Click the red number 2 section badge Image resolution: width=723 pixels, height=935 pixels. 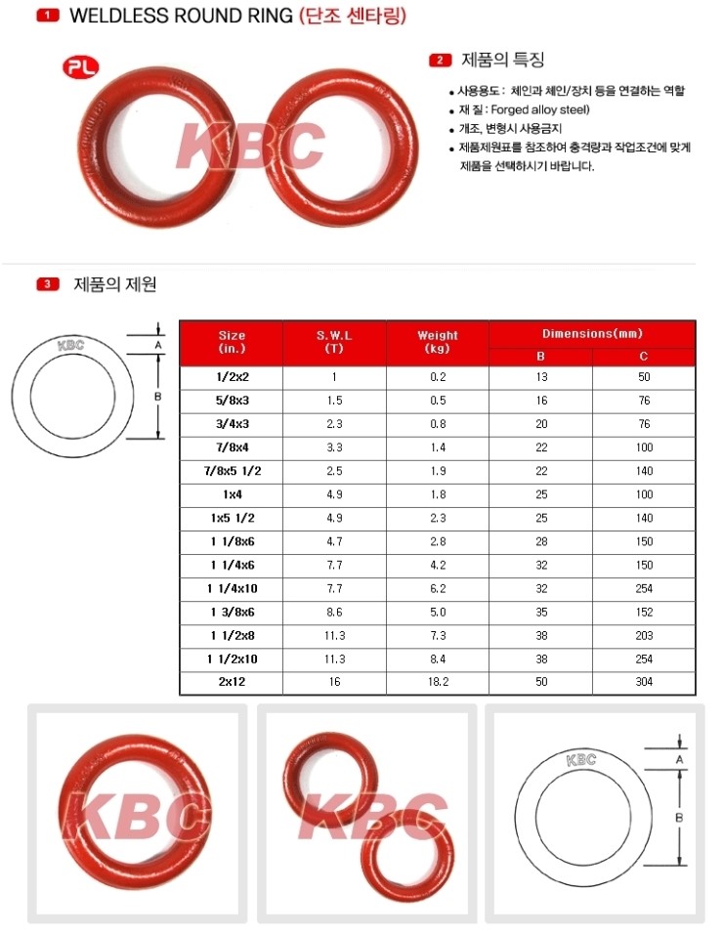(441, 61)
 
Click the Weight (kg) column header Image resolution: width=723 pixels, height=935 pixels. (437, 342)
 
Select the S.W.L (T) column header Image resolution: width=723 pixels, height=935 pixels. (334, 342)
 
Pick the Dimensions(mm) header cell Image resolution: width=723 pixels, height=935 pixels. (592, 333)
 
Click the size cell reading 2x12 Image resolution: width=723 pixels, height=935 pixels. (232, 682)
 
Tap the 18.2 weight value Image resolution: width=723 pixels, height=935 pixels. (437, 682)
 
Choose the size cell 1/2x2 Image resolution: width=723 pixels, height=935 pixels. (232, 376)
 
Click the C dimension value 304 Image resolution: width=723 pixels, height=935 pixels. (643, 682)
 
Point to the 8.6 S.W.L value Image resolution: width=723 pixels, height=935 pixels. (334, 612)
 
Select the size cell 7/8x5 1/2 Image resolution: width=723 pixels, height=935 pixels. (232, 471)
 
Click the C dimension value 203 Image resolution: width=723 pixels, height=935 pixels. (643, 635)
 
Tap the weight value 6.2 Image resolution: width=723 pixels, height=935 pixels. (437, 588)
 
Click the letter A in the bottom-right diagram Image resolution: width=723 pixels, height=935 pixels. (678, 758)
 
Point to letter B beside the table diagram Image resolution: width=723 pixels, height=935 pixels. (157, 397)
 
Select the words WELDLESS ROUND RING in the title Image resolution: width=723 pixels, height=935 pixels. (181, 16)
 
